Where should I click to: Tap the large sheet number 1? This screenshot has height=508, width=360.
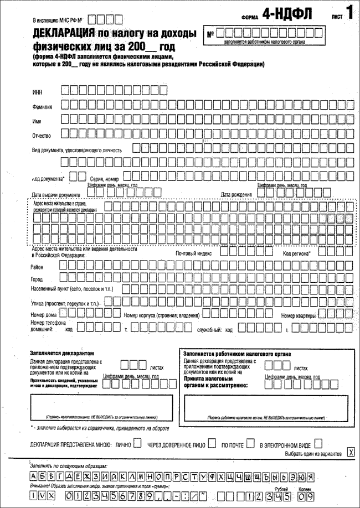(x=349, y=12)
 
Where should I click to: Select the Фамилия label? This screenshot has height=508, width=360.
(x=43, y=106)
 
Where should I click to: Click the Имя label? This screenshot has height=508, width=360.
(x=37, y=120)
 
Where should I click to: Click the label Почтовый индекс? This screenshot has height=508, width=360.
(x=194, y=253)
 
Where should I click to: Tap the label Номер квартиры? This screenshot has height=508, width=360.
(x=299, y=315)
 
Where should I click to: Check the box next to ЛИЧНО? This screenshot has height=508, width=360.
(x=137, y=443)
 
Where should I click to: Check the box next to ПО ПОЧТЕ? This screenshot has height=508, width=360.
(x=250, y=443)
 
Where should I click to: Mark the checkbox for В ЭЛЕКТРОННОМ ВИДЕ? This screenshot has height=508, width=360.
(x=319, y=443)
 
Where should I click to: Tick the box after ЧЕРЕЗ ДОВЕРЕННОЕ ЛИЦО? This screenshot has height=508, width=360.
(x=211, y=443)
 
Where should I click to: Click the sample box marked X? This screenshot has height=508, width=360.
(x=349, y=453)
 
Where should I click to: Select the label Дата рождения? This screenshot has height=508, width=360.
(x=236, y=195)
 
